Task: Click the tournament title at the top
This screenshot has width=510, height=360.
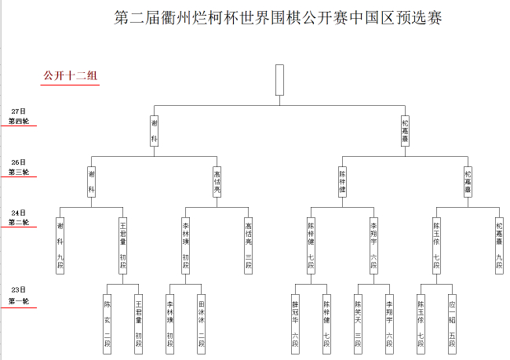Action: (278, 17)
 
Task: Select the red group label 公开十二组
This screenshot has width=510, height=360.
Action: (70, 76)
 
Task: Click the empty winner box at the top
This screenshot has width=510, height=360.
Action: (279, 79)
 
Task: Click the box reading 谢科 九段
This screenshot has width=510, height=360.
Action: (60, 244)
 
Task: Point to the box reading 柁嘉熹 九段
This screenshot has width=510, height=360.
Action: (500, 244)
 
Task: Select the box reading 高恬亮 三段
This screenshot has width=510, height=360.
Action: (249, 244)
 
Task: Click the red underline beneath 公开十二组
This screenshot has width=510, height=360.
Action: (70, 85)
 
